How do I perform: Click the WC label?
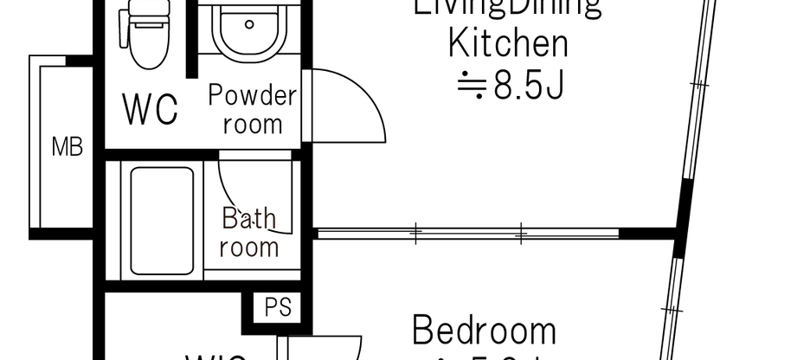pos(151,110)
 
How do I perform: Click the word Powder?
pos(252,94)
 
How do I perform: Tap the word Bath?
pos(248,217)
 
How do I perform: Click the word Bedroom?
pos(484,331)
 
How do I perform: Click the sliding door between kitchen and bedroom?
pos(467,233)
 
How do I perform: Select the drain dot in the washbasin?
pos(249,24)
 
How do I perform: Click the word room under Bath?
pos(248,247)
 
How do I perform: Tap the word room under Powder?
pos(253,124)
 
